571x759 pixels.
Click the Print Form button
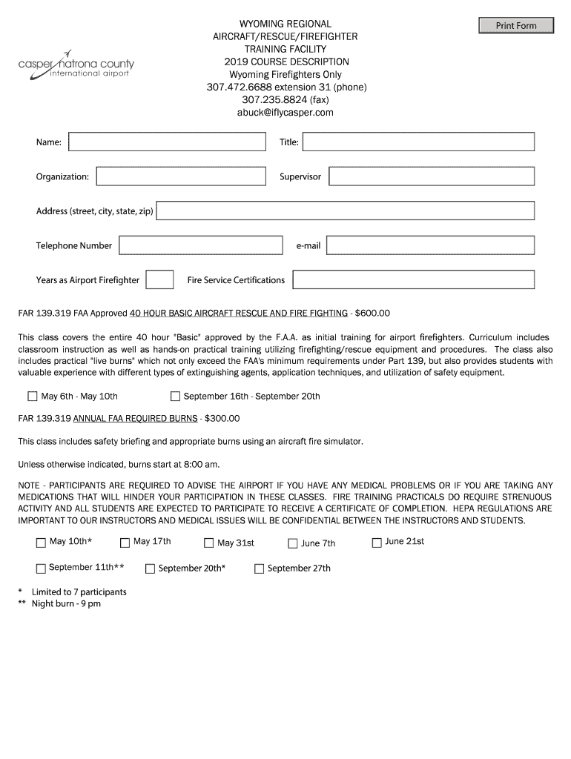[x=516, y=26]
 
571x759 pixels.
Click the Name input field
[x=167, y=142]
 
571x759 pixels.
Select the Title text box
[x=418, y=142]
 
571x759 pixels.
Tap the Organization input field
[x=181, y=176]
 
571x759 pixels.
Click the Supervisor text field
[x=432, y=176]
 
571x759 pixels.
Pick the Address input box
[x=346, y=211]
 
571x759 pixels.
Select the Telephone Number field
[x=201, y=245]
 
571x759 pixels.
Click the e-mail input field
[x=430, y=245]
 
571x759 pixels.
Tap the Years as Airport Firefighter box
[x=159, y=279]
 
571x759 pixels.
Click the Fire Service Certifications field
[x=413, y=279]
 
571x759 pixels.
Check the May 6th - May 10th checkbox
[x=33, y=396]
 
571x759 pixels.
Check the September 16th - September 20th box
[x=176, y=396]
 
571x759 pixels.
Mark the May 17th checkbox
[x=125, y=543]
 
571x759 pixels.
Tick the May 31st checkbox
[x=209, y=543]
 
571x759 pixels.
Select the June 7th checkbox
[x=293, y=543]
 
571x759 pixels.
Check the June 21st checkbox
[x=377, y=543]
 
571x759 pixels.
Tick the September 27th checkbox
[x=260, y=569]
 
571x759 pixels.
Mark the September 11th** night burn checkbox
[x=41, y=569]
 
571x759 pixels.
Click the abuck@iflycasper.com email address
[x=285, y=113]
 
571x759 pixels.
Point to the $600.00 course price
[x=372, y=313]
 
